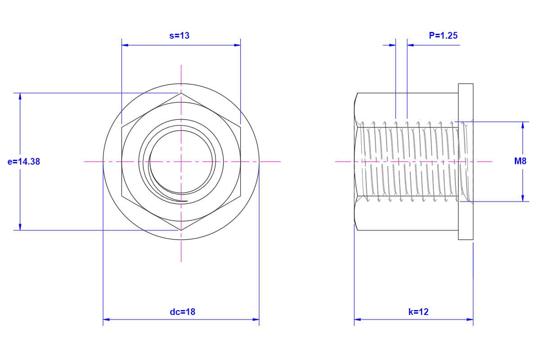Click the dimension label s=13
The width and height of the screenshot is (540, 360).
[x=180, y=36]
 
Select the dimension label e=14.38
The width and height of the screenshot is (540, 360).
[x=23, y=162]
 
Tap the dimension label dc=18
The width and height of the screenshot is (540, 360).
[x=183, y=312]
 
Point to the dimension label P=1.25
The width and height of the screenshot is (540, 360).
[x=443, y=36]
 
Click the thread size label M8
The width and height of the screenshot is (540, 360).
[x=520, y=161]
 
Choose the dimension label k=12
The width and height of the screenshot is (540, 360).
[x=418, y=312]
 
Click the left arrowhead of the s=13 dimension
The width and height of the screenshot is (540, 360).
[x=125, y=45]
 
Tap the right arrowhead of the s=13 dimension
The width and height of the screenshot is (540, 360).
[x=237, y=45]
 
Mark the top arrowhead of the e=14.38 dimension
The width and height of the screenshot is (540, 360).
[x=20, y=96]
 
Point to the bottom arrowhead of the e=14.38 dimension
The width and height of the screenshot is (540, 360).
[x=20, y=227]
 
